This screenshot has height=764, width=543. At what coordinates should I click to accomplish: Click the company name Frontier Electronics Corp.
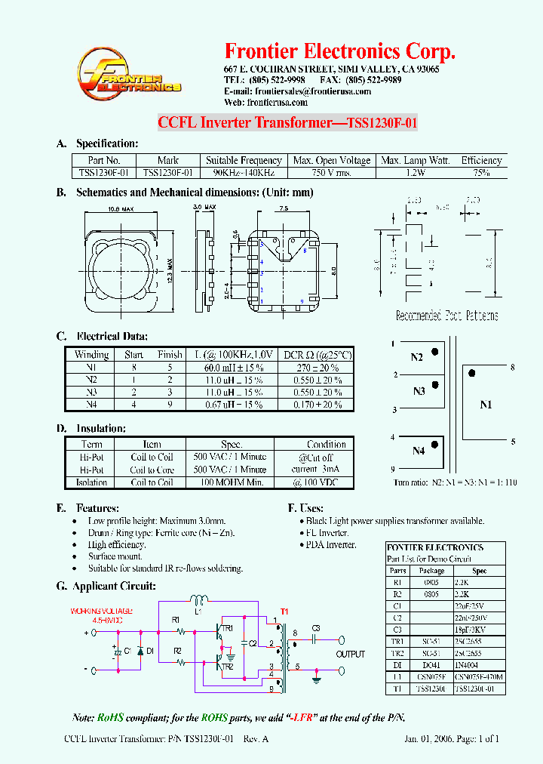(340, 51)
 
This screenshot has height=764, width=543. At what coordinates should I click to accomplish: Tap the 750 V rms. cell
(332, 172)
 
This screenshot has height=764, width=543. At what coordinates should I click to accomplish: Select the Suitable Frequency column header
(244, 160)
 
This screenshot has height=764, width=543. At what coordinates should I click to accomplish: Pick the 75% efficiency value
(481, 172)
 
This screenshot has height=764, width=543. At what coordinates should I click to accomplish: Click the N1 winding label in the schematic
(486, 405)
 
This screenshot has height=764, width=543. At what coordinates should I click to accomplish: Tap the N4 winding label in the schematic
(418, 451)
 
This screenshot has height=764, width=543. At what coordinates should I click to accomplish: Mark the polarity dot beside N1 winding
(472, 373)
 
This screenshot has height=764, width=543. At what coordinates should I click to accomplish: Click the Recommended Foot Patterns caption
(446, 316)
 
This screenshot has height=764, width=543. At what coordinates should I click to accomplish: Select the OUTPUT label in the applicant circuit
(351, 655)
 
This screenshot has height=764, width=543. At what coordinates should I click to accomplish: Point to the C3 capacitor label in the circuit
(315, 628)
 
